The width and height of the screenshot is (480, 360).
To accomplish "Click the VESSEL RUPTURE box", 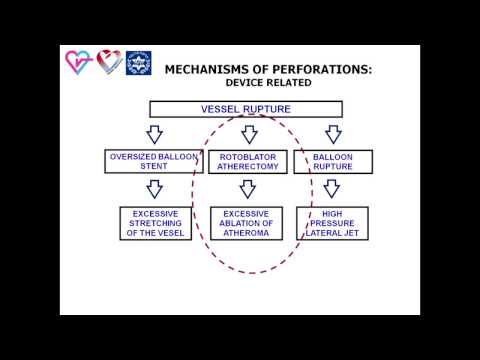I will [247, 108].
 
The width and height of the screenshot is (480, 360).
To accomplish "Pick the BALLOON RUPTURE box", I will [332, 161].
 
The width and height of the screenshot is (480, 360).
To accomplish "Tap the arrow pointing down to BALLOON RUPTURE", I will [332, 133].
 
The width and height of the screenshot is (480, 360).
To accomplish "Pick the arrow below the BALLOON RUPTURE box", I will [332, 190].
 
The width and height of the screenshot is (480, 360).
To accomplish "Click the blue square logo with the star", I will [136, 64].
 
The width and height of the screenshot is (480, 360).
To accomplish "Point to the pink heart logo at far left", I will [79, 63].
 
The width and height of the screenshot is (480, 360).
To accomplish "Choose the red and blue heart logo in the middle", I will [107, 63].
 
